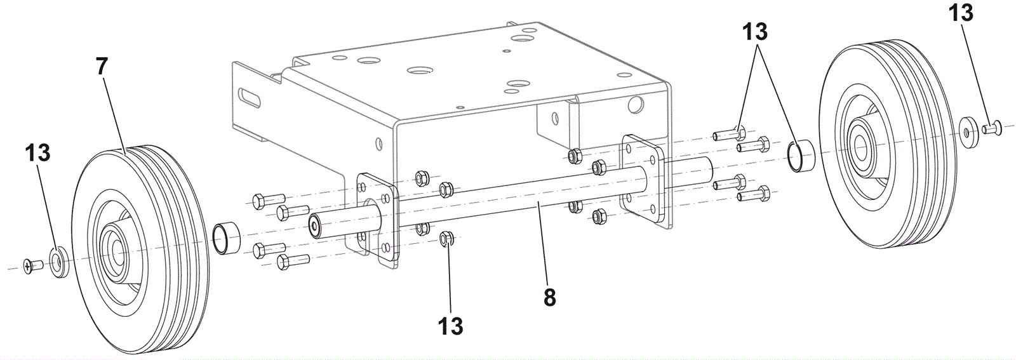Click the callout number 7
[x=102, y=67]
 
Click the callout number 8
[x=549, y=297]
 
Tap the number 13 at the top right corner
[x=961, y=12]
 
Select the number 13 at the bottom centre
[x=450, y=326]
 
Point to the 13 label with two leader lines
[x=755, y=32]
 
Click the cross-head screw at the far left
[x=32, y=264]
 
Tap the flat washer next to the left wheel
[x=58, y=262]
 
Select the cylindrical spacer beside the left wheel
[x=226, y=239]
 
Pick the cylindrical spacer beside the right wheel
[x=801, y=156]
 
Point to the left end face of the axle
[x=314, y=226]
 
